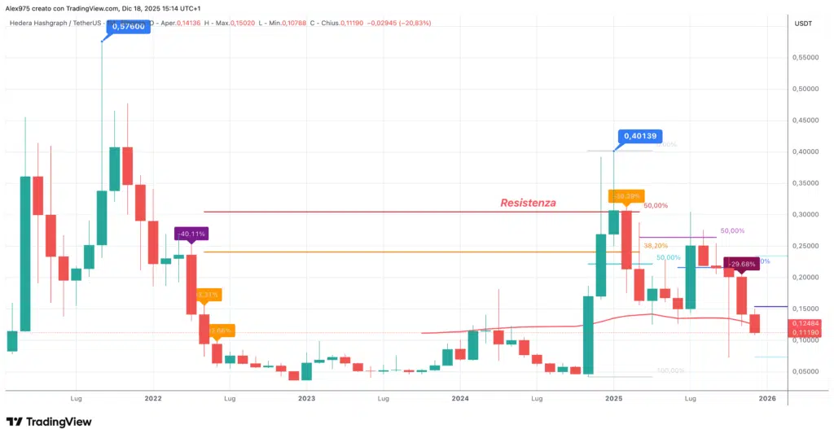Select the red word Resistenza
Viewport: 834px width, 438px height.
click(x=528, y=203)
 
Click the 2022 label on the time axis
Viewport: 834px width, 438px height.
click(x=152, y=399)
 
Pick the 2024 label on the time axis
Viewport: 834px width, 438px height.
click(x=460, y=399)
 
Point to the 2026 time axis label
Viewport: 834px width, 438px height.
click(x=767, y=399)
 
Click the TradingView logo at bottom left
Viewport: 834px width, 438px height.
click(x=49, y=422)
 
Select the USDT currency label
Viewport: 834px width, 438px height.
click(x=802, y=24)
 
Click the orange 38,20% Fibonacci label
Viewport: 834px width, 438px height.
click(x=656, y=245)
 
